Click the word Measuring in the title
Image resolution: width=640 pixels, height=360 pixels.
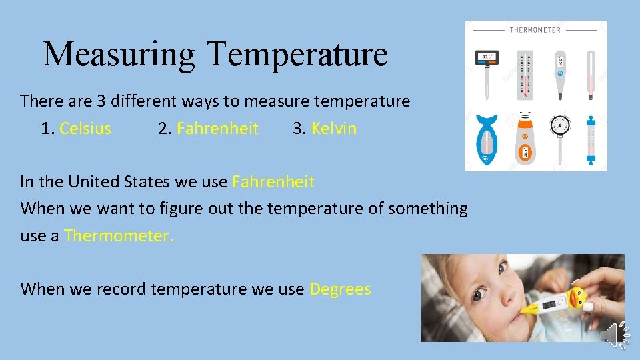[119, 54]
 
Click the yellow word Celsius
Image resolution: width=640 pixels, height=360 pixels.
[85, 129]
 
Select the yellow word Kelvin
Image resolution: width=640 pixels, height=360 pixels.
[334, 129]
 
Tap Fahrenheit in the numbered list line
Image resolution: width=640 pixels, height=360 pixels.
[217, 129]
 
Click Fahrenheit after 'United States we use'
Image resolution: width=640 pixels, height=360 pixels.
[273, 181]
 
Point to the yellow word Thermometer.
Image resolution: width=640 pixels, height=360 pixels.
[119, 235]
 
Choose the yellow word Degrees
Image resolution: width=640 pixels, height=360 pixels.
[340, 289]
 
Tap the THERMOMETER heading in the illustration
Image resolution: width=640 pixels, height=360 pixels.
[535, 30]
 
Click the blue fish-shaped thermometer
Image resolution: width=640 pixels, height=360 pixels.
[487, 139]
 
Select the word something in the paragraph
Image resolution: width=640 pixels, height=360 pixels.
[428, 209]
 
